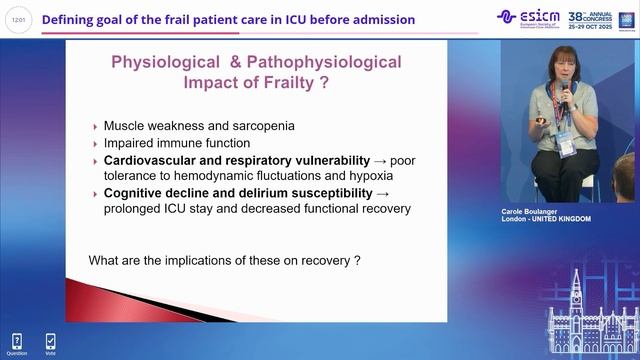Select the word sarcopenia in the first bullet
264,127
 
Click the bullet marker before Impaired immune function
94,144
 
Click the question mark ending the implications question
356,261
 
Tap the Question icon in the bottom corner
17,343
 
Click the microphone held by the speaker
563,93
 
